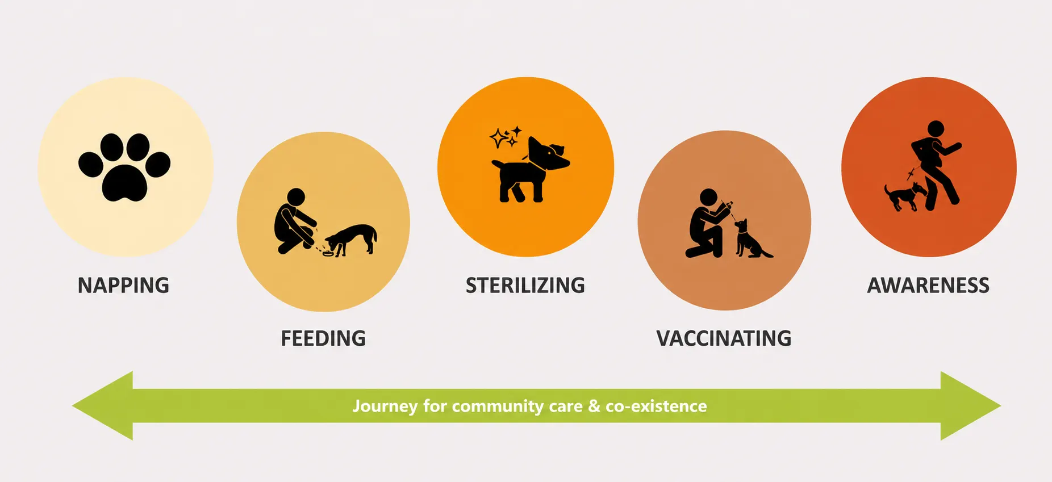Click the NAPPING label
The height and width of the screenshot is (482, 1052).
coord(123,285)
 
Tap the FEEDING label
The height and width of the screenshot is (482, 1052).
coord(323,338)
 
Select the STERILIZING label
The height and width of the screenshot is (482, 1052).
coord(525,285)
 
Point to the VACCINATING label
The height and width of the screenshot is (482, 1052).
coord(724,338)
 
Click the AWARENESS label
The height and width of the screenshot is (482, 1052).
coord(928,285)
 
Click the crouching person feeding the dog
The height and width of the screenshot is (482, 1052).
coord(294,221)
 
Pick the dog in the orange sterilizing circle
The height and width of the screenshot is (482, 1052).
coord(529,169)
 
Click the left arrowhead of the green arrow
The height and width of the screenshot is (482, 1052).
coord(103,406)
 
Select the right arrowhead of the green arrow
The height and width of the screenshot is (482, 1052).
coord(970,406)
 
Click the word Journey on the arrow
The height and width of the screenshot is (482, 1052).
coord(385,406)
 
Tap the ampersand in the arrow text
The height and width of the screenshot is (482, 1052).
coord(594,406)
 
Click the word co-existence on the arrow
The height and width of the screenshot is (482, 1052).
coord(656,406)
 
